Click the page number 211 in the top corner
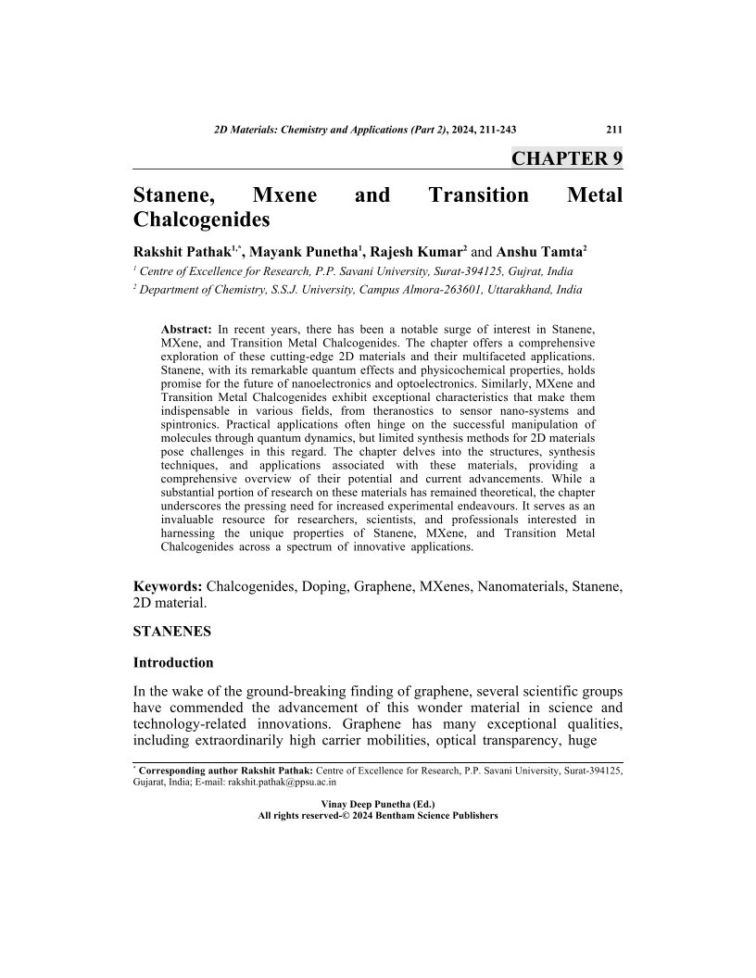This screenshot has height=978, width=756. [x=612, y=130]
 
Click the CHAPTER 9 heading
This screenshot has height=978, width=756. [x=566, y=158]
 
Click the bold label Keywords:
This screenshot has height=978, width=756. [x=168, y=586]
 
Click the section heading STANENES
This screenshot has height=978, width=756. [x=171, y=633]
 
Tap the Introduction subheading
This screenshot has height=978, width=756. [x=173, y=663]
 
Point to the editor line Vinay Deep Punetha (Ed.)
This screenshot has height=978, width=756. [x=377, y=804]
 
